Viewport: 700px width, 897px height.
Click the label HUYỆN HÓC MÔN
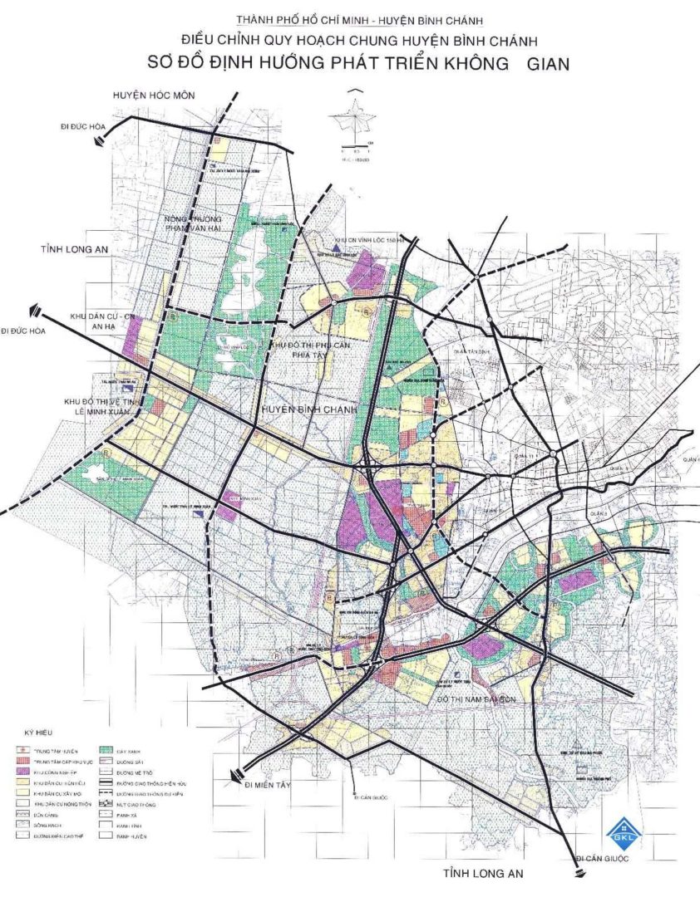click(x=154, y=96)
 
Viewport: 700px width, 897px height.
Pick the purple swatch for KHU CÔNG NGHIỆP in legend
click(x=23, y=772)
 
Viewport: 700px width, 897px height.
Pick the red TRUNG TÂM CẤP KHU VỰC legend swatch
click(x=23, y=761)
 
